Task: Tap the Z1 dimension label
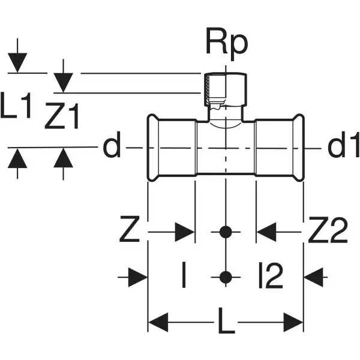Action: [62, 118]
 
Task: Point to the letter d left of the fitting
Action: [111, 146]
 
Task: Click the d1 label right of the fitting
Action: [343, 146]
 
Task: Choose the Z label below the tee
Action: [130, 231]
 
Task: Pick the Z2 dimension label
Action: [328, 231]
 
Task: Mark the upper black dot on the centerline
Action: [226, 231]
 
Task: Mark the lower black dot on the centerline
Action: [226, 277]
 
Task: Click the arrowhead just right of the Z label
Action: [185, 231]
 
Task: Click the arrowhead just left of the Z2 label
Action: [266, 231]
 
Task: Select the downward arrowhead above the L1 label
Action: [18, 63]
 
